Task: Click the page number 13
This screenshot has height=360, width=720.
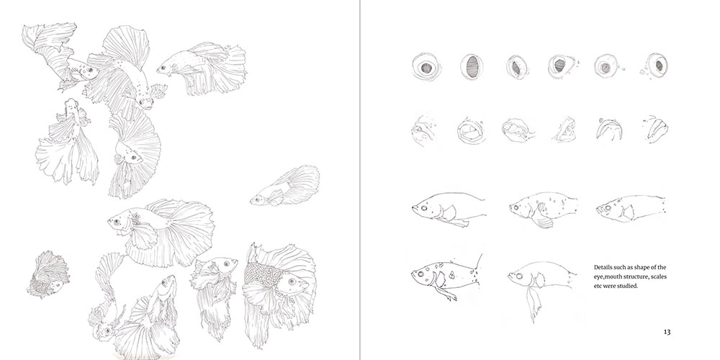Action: point(667,332)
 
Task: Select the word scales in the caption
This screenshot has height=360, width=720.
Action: point(658,276)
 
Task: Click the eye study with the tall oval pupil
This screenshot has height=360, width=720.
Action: point(472,67)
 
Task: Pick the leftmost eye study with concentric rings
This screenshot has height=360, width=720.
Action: point(426,66)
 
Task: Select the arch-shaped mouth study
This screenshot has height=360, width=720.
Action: point(609,130)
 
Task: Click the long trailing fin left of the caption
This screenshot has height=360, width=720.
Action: point(533,304)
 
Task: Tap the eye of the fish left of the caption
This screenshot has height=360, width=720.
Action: point(519,276)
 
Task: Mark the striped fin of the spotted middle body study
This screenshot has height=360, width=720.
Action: point(544,221)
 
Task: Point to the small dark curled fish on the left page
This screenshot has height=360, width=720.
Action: point(48,274)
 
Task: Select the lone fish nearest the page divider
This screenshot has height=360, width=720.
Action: point(285,186)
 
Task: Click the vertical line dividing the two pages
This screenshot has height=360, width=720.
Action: point(360,180)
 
